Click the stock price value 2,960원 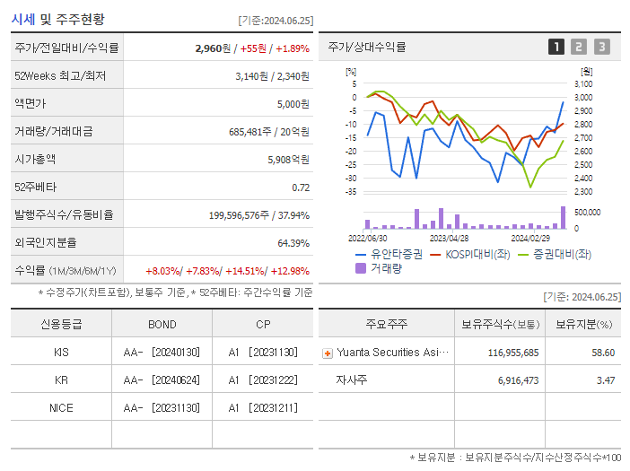point(214,48)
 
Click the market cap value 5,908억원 point(288,159)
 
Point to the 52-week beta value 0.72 point(301,188)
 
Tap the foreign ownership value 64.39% point(293,243)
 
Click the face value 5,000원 point(293,103)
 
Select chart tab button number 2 point(579,47)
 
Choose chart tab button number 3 point(601,47)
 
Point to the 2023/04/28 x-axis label point(449,239)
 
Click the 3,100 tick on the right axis point(583,83)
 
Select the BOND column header point(162,324)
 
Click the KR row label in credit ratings point(61,379)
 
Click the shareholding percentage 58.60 point(603,353)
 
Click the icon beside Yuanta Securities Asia point(327,353)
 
